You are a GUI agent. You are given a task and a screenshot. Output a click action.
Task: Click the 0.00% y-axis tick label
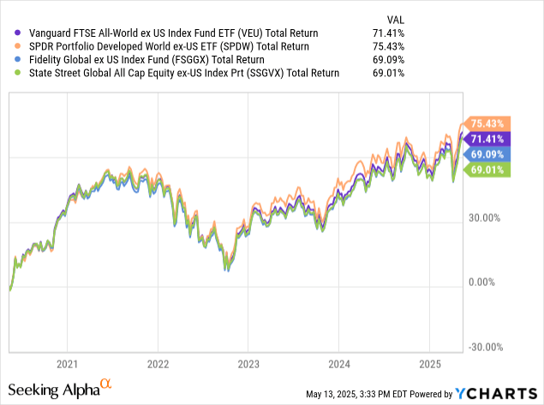click(x=487, y=283)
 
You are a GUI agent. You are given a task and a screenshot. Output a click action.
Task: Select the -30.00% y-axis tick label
click(x=485, y=348)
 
